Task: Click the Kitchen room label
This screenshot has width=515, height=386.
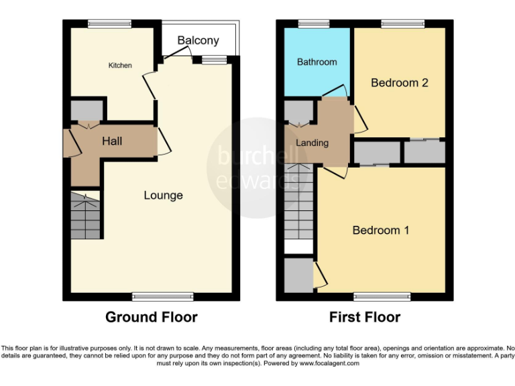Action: coord(120,65)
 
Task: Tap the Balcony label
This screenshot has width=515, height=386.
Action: coord(198,41)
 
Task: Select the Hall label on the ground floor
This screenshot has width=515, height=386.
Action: coord(112,141)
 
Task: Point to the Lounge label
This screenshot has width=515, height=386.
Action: coord(163,196)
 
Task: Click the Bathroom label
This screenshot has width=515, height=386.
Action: coord(317,62)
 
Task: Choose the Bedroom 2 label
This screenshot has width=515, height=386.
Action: coord(400,83)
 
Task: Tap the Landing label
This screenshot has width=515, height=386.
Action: coord(312,143)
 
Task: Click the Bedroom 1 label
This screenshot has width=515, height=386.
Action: coord(381,230)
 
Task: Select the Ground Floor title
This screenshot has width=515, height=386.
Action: coord(151,317)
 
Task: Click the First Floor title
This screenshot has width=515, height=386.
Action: coord(364,317)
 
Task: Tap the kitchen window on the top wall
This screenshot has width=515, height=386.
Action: coord(109,24)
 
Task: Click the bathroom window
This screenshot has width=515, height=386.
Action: coord(309,24)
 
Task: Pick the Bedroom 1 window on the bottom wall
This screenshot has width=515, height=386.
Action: coord(382,296)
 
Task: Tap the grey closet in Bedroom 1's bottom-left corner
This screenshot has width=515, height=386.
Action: coord(298,275)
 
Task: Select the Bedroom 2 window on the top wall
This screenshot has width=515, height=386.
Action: coord(403,24)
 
